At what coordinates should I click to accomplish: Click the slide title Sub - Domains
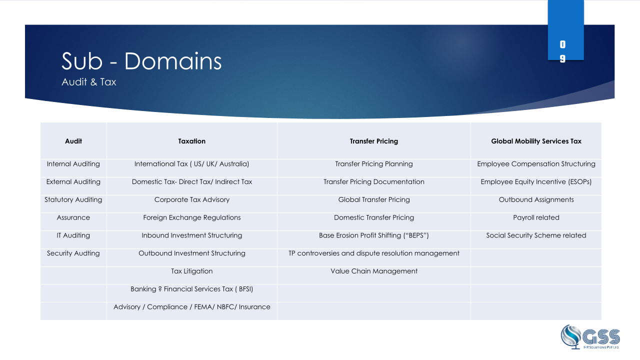141,61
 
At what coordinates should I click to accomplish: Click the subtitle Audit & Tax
89,82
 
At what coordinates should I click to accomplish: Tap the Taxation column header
191,141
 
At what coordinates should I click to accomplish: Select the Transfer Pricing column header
373,141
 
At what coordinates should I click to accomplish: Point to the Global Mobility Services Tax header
536,141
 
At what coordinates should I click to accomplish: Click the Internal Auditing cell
73,164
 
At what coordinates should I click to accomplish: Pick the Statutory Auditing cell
73,199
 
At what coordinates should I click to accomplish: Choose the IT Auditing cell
73,235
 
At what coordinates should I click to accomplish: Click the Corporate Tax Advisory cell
191,199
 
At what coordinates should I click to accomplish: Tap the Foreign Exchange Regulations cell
191,217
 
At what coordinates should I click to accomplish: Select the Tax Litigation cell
191,271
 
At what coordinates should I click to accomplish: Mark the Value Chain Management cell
373,271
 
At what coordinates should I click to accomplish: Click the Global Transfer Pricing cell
373,199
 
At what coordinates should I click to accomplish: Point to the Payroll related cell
536,217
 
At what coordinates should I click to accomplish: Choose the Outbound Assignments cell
536,199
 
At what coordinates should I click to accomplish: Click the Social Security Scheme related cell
536,235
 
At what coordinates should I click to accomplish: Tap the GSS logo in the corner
590,337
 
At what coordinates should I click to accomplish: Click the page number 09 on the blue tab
562,51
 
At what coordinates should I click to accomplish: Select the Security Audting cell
73,253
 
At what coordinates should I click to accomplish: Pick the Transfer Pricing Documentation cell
373,182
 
